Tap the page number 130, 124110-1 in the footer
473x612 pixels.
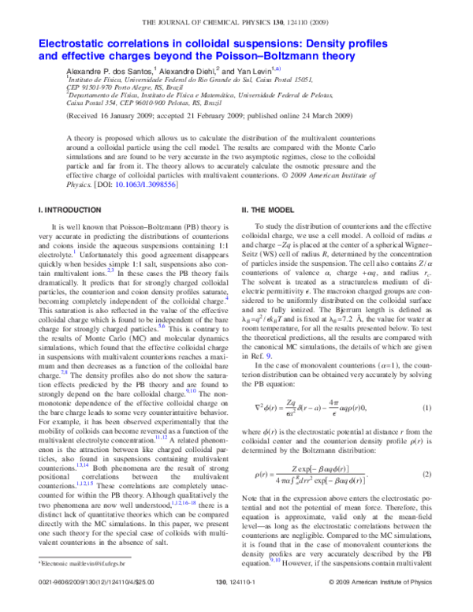(236, 601)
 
